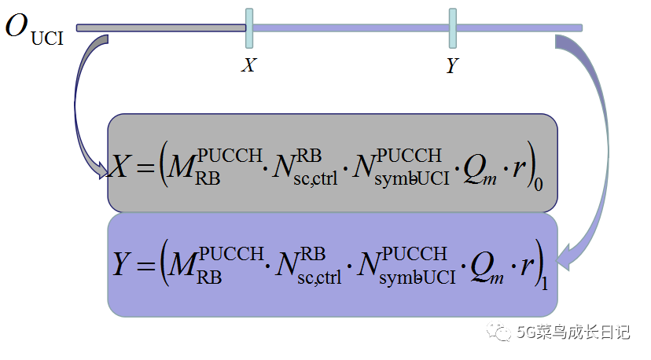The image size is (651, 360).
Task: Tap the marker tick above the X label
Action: [x=249, y=28]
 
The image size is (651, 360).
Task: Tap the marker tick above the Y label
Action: [x=453, y=28]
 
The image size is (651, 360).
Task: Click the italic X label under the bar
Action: [x=248, y=65]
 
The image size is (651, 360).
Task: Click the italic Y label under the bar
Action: [x=452, y=66]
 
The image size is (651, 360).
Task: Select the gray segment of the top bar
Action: [x=161, y=28]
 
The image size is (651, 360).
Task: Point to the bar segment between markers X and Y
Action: [x=351, y=28]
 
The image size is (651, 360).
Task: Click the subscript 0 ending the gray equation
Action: [x=539, y=186]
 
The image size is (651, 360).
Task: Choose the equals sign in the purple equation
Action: [x=144, y=266]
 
